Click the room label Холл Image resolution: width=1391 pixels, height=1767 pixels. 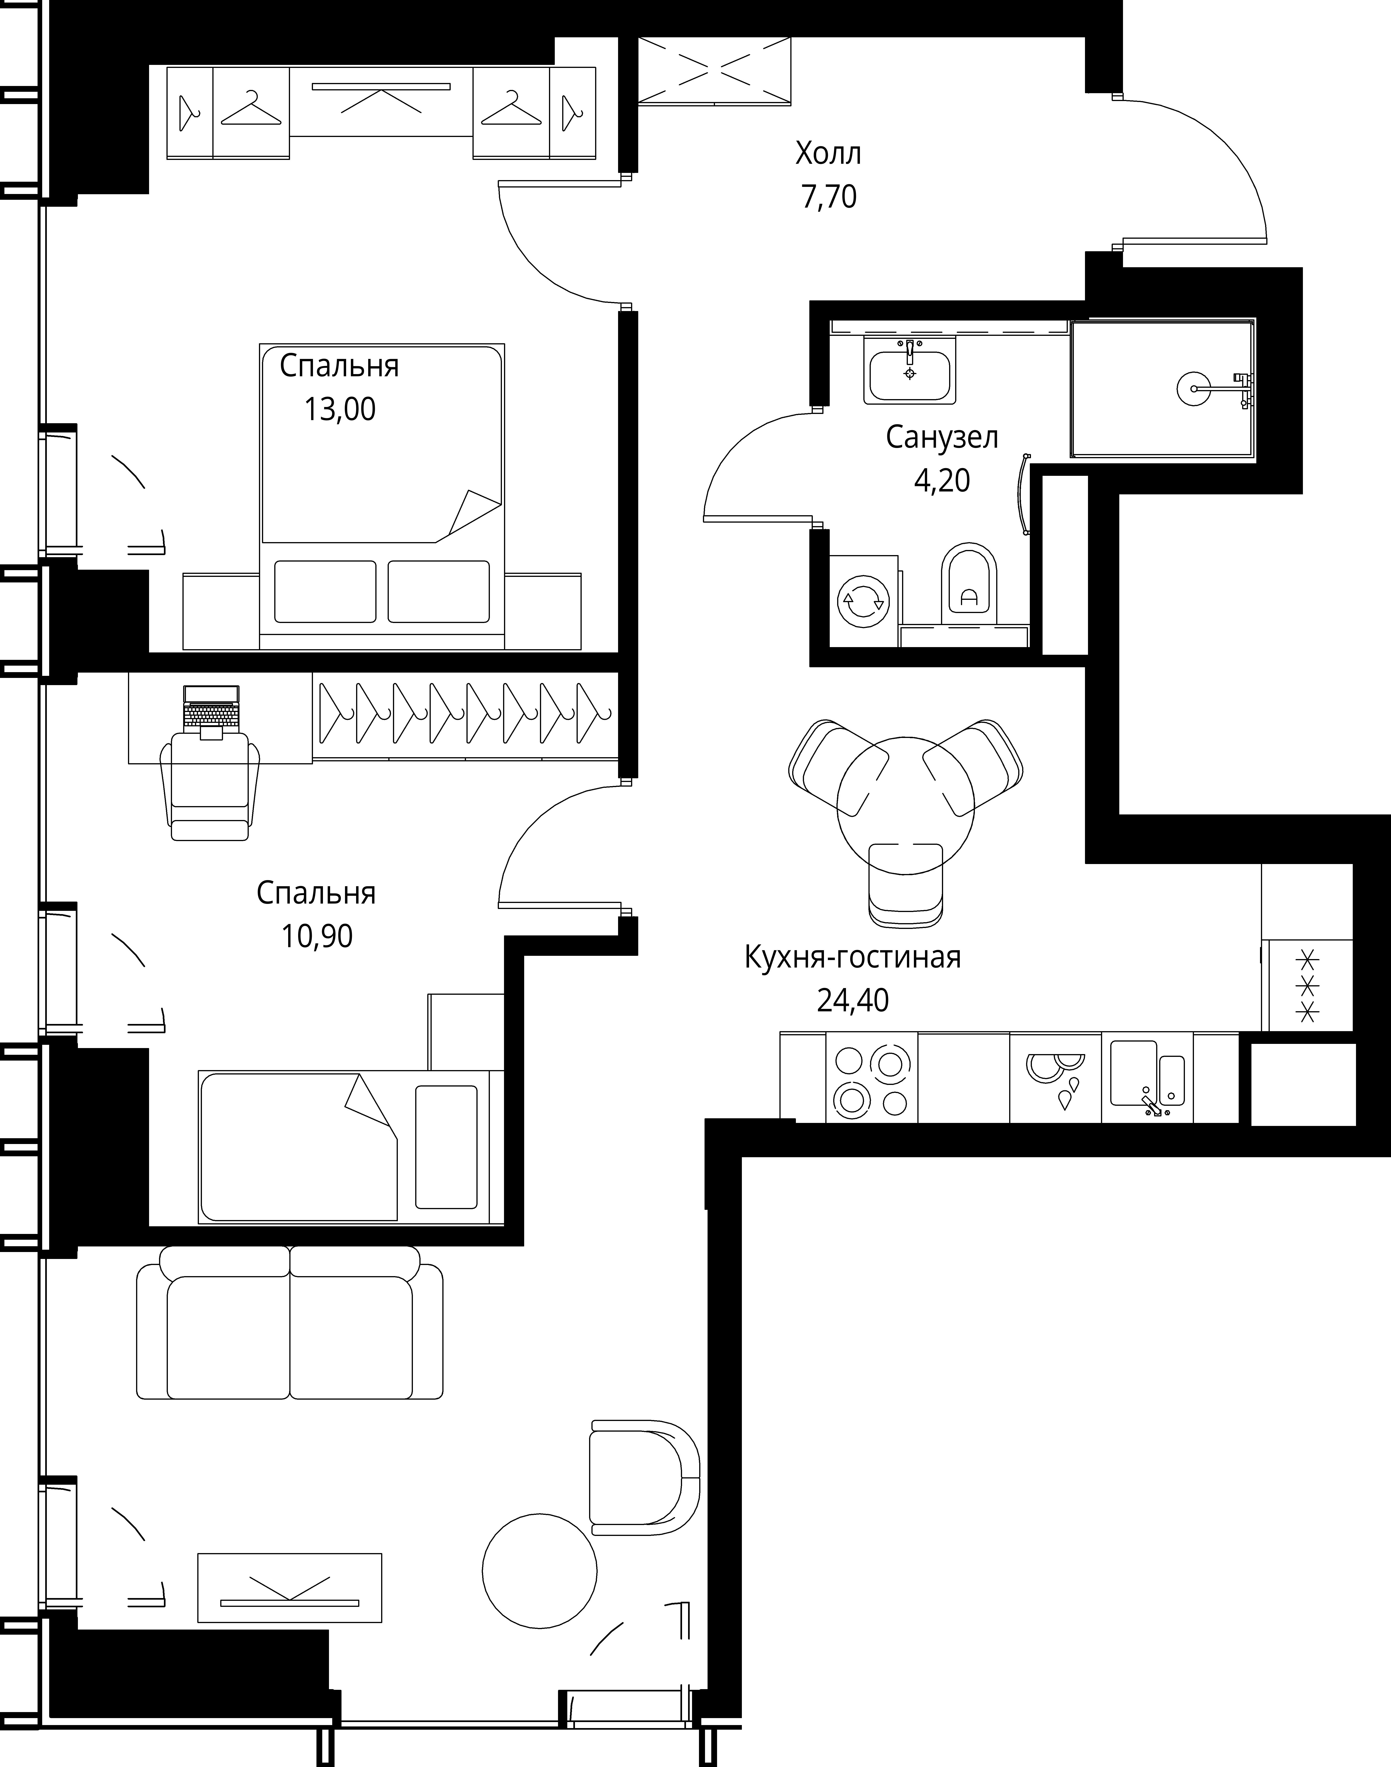(828, 153)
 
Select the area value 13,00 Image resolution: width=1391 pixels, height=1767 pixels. (340, 409)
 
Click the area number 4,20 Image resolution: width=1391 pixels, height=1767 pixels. (942, 481)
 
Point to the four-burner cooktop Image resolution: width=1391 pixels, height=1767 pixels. (871, 1078)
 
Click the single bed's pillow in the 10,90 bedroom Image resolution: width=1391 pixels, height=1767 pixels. (446, 1147)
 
